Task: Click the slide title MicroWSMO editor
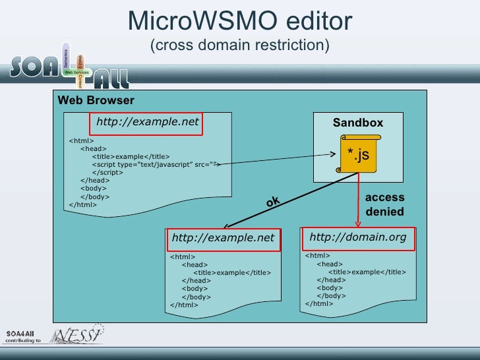coord(240,21)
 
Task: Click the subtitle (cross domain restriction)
coord(240,46)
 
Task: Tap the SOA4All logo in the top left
coord(69,66)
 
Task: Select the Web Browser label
coord(96,101)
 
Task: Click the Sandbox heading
coord(357,123)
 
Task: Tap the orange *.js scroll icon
coord(359,154)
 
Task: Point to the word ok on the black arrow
coord(273,202)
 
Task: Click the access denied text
coord(384,204)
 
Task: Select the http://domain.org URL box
coord(358,238)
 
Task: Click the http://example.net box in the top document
coord(147,122)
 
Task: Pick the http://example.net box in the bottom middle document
coord(223,239)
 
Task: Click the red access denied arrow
coord(359,198)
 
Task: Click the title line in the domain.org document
coord(367,272)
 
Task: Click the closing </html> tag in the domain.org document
coord(320,304)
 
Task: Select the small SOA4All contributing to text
coord(24,336)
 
